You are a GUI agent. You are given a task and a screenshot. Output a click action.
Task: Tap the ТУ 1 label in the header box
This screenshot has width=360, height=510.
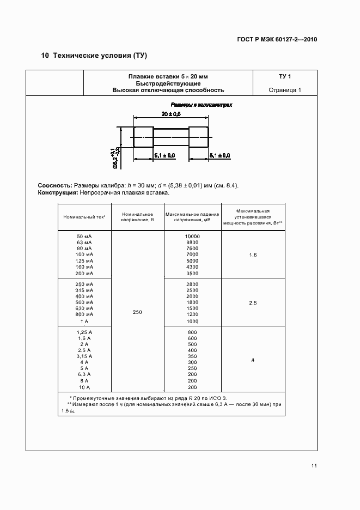point(285,76)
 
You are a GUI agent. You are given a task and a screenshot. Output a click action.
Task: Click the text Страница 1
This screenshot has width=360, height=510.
point(285,90)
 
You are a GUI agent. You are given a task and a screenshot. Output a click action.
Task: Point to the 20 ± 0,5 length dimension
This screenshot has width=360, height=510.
point(171,114)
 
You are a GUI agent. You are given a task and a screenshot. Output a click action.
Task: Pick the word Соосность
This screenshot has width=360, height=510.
point(55,185)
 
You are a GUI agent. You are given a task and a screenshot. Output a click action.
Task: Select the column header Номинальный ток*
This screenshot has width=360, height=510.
point(84,217)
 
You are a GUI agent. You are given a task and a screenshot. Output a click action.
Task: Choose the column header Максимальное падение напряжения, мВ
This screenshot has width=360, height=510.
point(192,217)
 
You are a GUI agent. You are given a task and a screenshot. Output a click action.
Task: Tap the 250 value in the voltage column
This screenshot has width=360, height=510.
point(137,312)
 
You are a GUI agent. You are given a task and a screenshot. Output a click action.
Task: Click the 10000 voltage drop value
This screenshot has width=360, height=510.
point(192,236)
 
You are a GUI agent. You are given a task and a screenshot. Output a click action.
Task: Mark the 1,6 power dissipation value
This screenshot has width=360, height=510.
point(253,254)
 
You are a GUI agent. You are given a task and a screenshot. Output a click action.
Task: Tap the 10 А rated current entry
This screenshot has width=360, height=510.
point(84,387)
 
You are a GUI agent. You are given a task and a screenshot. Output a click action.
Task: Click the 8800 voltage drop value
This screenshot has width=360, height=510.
point(192,242)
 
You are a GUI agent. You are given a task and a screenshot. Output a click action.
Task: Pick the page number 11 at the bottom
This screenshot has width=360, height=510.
point(314,465)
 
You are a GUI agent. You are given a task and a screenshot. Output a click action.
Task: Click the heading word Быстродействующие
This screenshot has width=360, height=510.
point(168,83)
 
